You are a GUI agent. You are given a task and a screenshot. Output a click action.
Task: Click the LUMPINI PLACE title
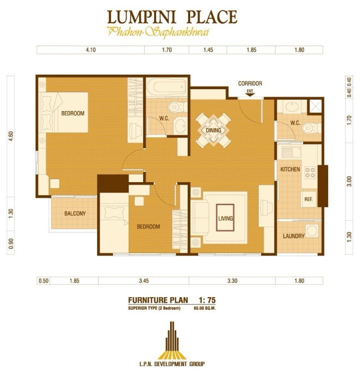pyautogui.click(x=172, y=17)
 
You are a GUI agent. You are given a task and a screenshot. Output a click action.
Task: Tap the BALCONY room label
pyautogui.click(x=75, y=213)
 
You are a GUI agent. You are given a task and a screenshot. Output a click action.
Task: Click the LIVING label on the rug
pyautogui.click(x=225, y=218)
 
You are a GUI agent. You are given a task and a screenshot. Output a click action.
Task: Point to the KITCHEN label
pyautogui.click(x=290, y=170)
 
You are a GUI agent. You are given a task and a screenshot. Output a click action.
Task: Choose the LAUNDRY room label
pyautogui.click(x=293, y=236)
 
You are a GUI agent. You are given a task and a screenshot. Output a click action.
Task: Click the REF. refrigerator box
pyautogui.click(x=308, y=199)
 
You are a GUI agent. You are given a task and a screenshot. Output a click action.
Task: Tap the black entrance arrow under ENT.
pyautogui.click(x=250, y=94)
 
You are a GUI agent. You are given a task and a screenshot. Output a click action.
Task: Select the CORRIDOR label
pyautogui.click(x=250, y=83)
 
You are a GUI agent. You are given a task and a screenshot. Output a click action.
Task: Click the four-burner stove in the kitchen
pyautogui.click(x=310, y=172)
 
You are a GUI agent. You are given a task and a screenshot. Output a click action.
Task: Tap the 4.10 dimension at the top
pyautogui.click(x=91, y=50)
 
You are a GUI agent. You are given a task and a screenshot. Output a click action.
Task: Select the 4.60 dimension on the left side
pyautogui.click(x=11, y=136)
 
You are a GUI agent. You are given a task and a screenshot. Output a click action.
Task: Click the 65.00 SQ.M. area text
pyautogui.click(x=206, y=309)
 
